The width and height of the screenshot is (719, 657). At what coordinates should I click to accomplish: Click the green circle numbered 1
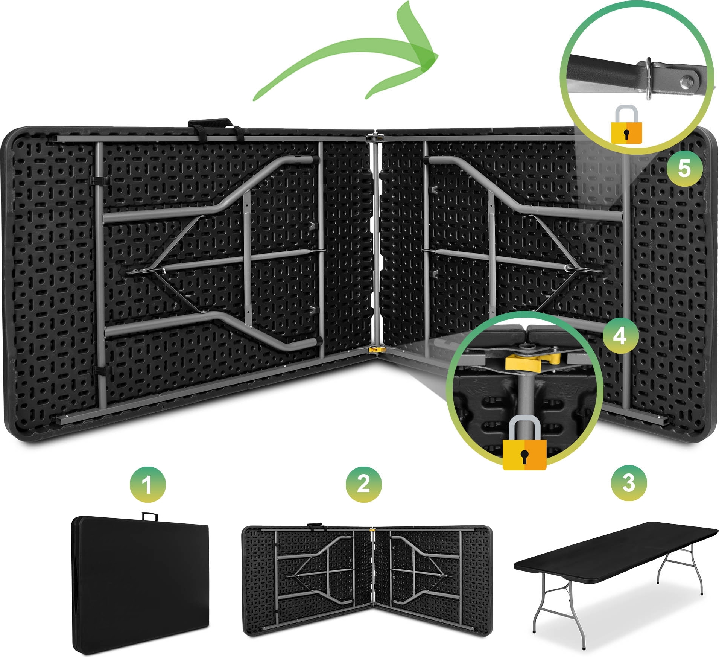coord(147,484)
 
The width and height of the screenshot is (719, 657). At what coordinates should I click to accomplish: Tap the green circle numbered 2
coord(363,484)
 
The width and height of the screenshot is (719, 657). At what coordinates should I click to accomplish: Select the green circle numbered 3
coord(629,483)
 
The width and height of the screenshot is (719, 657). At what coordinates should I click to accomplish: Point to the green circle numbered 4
coord(620,336)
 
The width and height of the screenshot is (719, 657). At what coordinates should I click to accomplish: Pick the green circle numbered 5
coord(684,168)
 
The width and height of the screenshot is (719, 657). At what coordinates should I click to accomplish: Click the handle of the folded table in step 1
coord(149,516)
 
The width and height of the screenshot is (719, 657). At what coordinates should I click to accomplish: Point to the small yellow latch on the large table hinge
coord(374,350)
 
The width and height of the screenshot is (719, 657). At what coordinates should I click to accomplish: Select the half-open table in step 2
coord(367,581)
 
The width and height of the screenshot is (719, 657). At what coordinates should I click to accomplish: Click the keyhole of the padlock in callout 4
coord(524,456)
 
